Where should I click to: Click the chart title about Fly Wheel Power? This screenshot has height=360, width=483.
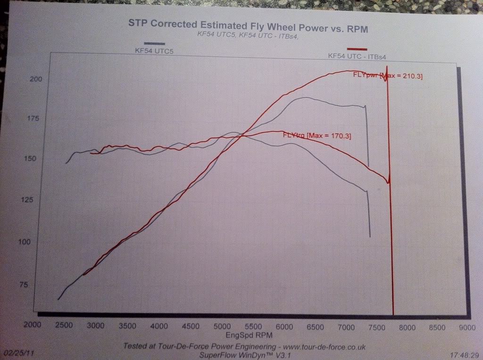pos(248,26)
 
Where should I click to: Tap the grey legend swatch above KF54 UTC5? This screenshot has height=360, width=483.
pos(155,43)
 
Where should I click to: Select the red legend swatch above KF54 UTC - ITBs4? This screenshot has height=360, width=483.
pos(357,49)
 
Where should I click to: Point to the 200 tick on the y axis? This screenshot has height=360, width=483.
pos(36,79)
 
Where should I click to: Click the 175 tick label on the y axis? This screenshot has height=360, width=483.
pos(33,119)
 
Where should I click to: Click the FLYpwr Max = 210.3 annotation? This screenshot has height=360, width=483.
pos(388,75)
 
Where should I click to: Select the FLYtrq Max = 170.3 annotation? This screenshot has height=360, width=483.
pos(316,136)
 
